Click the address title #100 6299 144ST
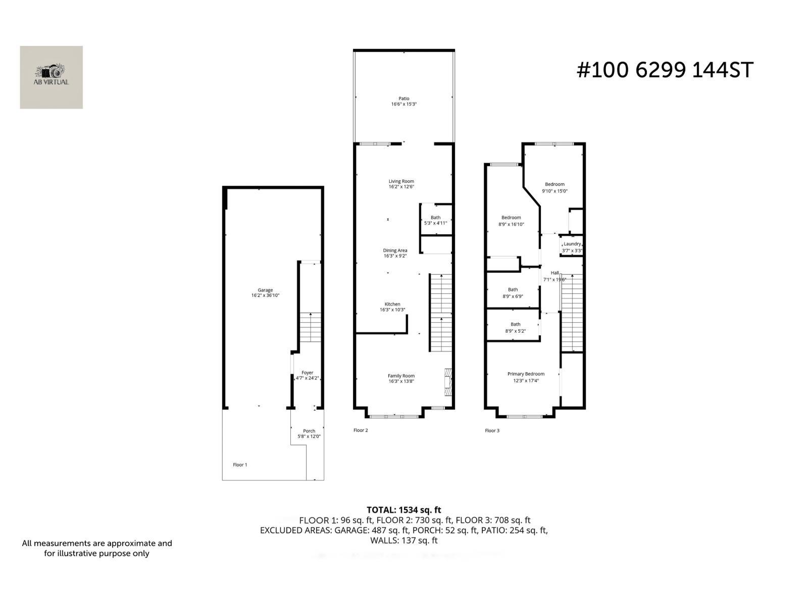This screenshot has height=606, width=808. (665, 70)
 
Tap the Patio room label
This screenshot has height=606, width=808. (403, 99)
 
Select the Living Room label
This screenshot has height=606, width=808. (401, 181)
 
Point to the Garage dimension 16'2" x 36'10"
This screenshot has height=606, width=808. (265, 295)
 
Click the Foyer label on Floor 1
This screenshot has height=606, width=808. (307, 373)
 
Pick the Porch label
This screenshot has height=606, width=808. (309, 431)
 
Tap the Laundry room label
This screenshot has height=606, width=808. (572, 244)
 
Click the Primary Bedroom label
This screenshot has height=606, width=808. (526, 374)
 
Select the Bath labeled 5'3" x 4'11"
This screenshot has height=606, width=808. (435, 220)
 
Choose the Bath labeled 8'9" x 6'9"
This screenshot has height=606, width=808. (513, 293)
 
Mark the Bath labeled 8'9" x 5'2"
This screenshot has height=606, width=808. (515, 328)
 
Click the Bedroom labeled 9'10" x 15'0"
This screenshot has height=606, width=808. (554, 187)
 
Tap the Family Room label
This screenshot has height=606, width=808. (401, 376)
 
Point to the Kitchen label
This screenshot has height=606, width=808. (392, 305)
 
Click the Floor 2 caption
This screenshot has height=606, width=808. (361, 430)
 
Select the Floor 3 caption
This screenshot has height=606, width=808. (492, 431)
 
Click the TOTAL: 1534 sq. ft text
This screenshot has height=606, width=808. (403, 510)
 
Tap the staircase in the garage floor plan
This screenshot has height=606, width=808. (310, 327)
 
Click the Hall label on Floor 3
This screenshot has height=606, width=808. (554, 273)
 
